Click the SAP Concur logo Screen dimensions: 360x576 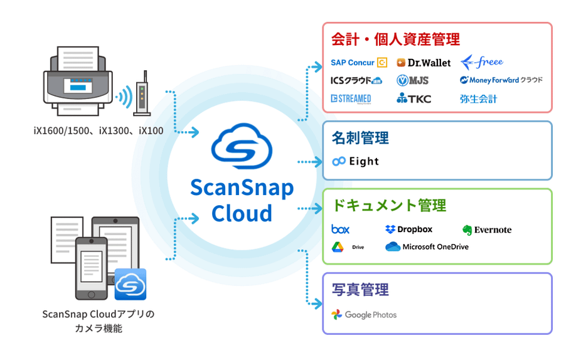(x=358, y=63)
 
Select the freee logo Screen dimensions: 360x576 (x=482, y=62)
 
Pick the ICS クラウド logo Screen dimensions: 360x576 (x=356, y=80)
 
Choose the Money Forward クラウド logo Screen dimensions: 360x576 (x=501, y=80)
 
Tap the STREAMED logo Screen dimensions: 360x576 (x=351, y=98)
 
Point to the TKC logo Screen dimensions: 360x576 (x=413, y=98)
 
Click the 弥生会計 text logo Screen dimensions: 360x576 (x=478, y=98)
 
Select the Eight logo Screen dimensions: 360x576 (x=356, y=161)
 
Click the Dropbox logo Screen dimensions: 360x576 (x=408, y=230)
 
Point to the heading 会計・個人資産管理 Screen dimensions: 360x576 (x=395, y=40)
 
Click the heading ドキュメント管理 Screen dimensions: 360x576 (x=388, y=205)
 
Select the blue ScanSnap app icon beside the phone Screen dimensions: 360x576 (x=130, y=284)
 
